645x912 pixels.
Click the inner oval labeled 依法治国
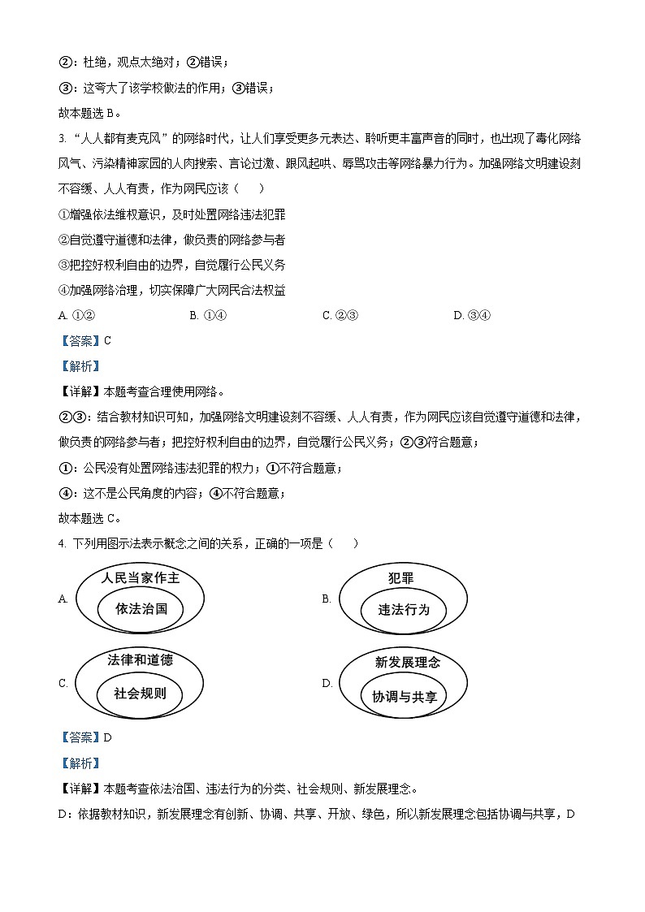141,608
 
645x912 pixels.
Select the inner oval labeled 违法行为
404,610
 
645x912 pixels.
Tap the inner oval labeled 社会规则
140,694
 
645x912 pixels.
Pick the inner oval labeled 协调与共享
405,697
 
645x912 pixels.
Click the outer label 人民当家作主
141,578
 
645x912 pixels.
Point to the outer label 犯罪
401,578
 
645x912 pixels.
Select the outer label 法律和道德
140,659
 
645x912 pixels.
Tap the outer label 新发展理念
407,662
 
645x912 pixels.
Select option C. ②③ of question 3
340,316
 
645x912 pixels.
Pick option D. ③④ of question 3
472,316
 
